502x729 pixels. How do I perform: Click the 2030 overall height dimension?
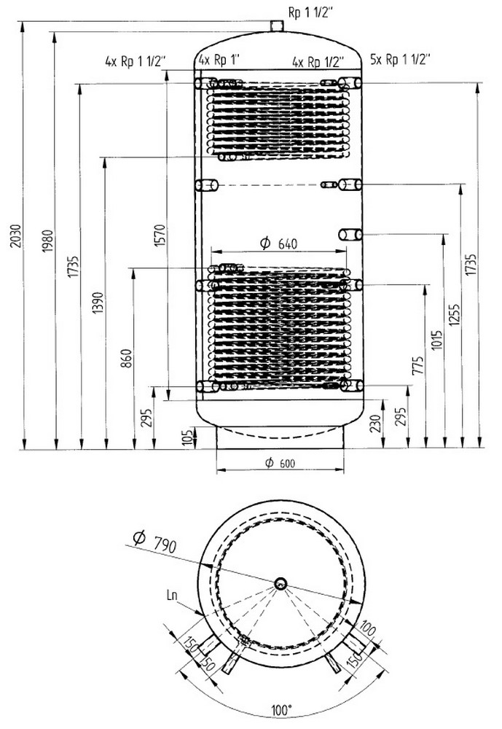point(15,235)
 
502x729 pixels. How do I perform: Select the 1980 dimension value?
point(48,241)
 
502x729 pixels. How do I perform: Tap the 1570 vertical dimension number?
point(160,235)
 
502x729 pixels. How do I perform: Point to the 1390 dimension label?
point(98,303)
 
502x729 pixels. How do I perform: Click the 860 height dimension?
point(127,358)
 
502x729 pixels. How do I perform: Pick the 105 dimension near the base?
point(188,437)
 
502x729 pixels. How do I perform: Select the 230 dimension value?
point(375,423)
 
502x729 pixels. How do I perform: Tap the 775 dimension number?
point(418,365)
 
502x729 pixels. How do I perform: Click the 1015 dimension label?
point(436,340)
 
